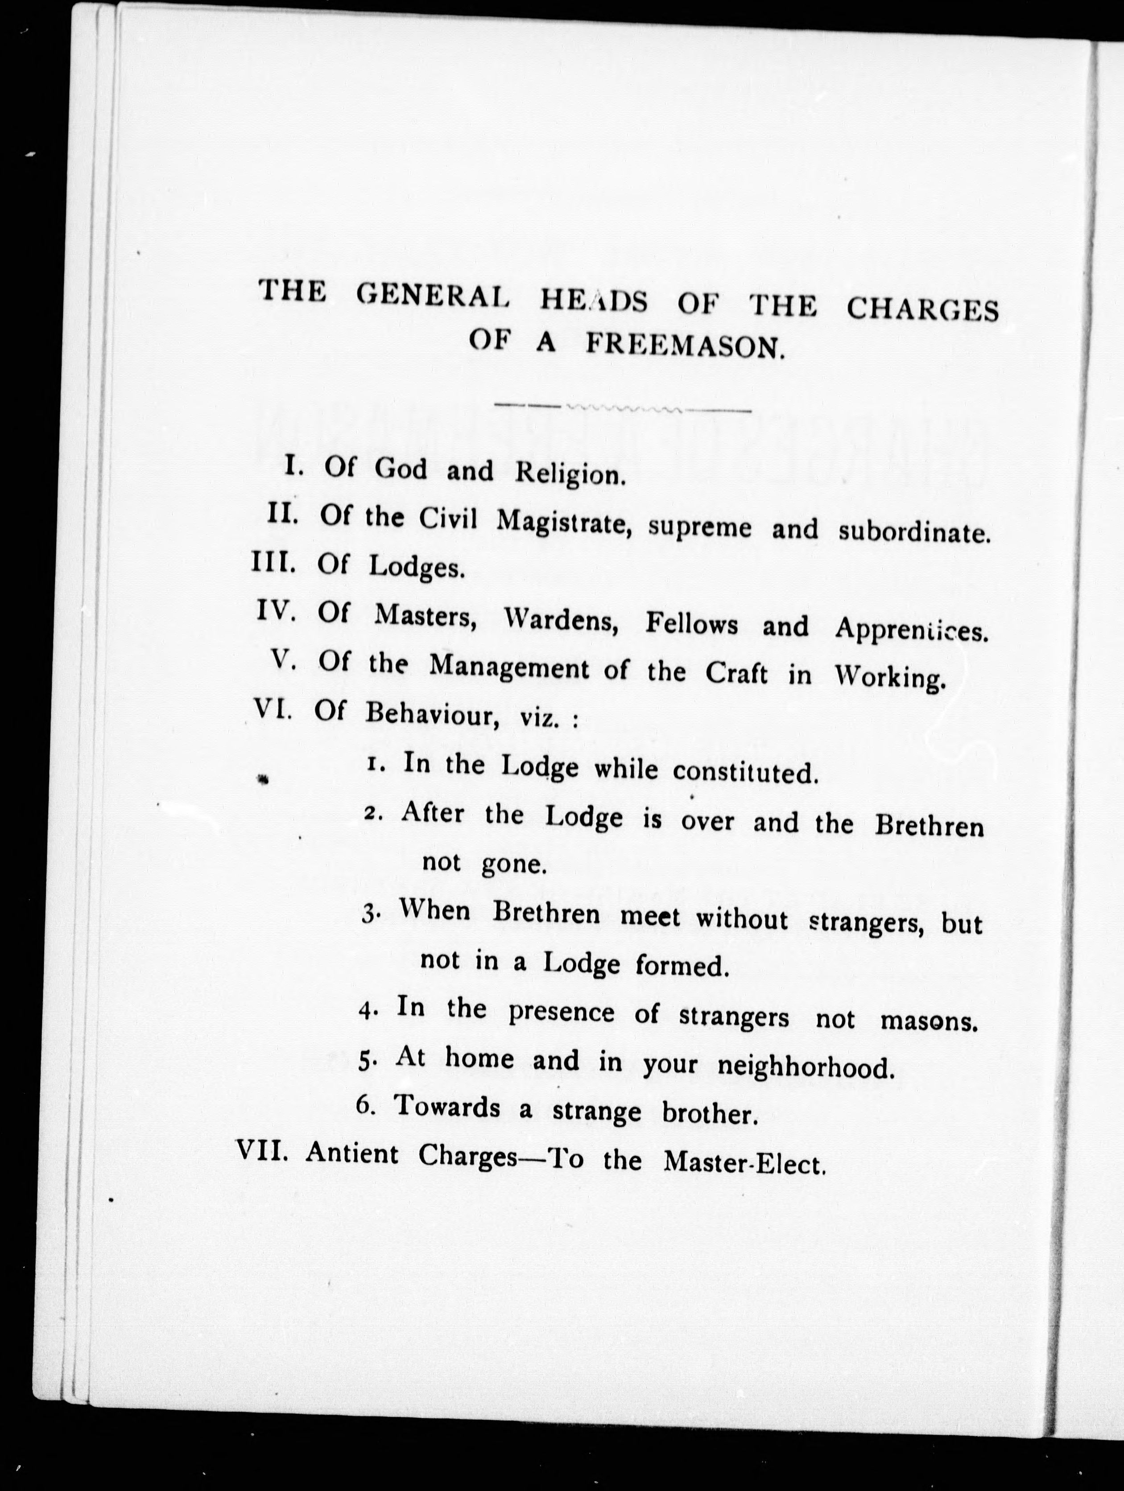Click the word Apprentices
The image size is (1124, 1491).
[x=912, y=630]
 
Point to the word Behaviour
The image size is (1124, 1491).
[x=431, y=715]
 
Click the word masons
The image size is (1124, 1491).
[x=929, y=1021]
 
